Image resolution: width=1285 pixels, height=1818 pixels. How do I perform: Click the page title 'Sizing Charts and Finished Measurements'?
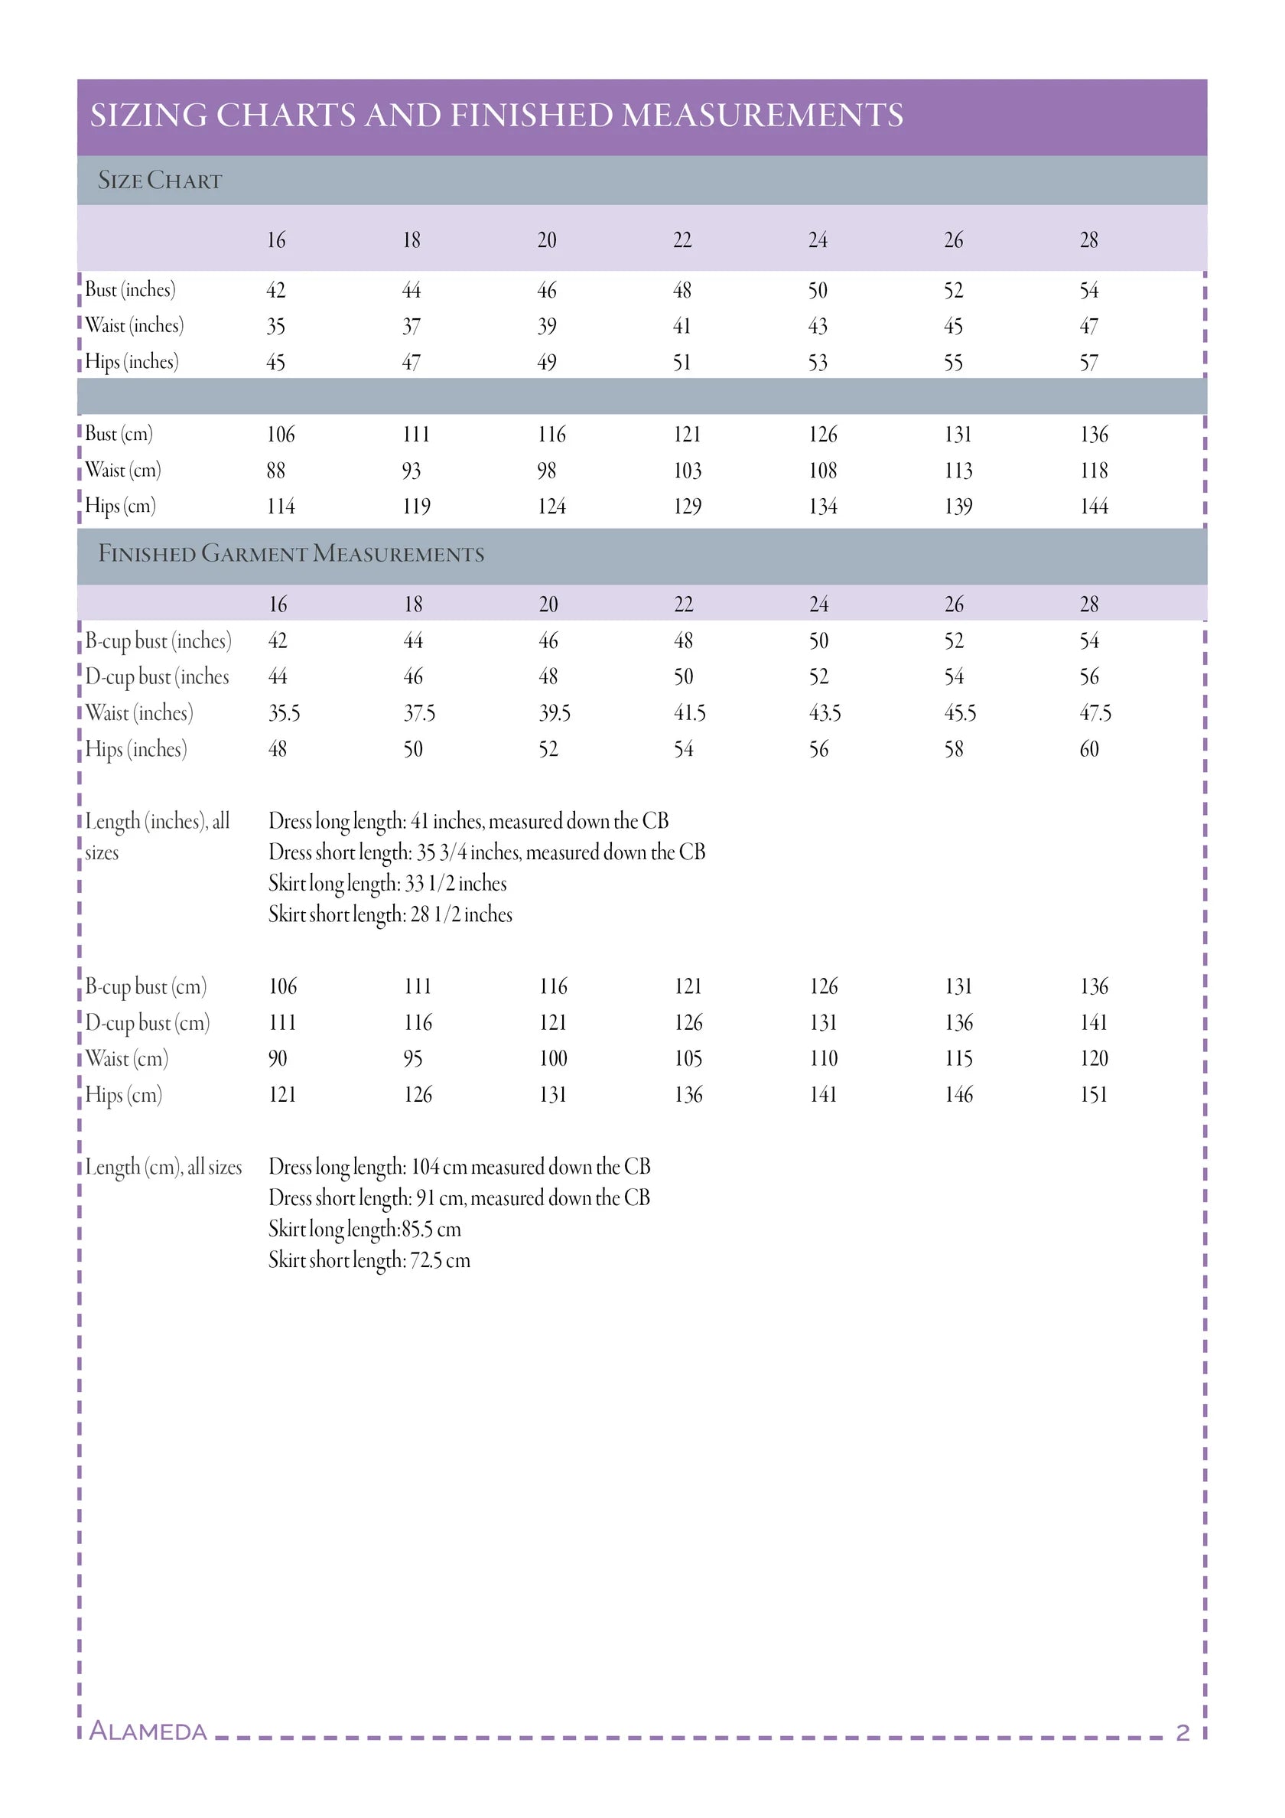point(496,116)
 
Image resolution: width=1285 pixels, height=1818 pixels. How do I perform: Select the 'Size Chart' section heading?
point(159,181)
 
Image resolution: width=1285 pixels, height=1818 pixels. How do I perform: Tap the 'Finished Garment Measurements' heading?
point(291,553)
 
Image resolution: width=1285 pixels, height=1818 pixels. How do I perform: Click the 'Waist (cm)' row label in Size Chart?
point(122,471)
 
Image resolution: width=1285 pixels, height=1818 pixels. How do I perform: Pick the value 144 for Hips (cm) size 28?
point(1094,507)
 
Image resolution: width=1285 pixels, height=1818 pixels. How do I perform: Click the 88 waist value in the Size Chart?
point(275,471)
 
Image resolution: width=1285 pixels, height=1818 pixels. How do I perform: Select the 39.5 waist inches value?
point(555,713)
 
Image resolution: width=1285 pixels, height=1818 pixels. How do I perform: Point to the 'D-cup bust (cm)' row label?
point(148,1023)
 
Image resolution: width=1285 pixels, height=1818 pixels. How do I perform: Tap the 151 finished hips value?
point(1094,1095)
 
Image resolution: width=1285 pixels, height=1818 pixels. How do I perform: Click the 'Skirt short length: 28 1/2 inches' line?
point(389,914)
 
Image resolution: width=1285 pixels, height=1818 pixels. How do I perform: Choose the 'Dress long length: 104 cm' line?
point(459,1167)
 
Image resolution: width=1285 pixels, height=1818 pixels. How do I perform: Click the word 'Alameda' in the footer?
point(148,1732)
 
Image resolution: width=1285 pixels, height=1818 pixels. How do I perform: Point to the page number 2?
point(1183,1733)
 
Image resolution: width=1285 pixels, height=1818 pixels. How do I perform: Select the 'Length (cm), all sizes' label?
point(163,1167)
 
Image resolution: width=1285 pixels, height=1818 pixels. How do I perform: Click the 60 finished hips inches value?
point(1088,749)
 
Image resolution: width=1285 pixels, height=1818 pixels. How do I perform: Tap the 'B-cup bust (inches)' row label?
point(158,641)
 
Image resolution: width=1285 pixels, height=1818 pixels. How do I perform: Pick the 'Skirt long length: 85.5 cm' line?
point(364,1230)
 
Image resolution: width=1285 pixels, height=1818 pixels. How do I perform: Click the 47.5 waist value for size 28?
point(1095,713)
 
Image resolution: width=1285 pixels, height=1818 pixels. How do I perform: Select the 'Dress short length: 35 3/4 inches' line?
point(486,853)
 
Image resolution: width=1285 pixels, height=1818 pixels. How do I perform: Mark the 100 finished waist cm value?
point(553,1059)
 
